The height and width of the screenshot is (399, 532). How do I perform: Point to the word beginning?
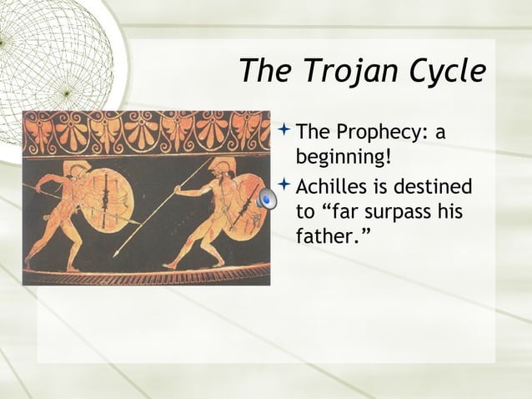point(344,157)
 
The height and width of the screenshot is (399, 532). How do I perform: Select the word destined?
point(432,186)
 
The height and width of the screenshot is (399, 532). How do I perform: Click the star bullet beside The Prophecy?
point(285,129)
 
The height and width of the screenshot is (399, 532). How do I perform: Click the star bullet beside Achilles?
point(285,184)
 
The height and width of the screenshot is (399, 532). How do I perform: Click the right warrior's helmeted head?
point(218,167)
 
